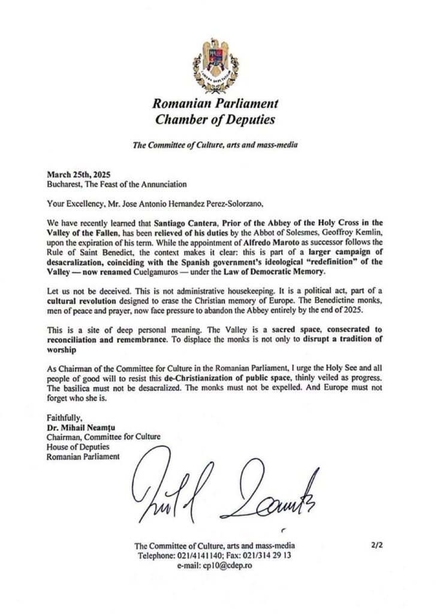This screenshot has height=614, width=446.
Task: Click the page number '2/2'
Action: (x=380, y=545)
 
